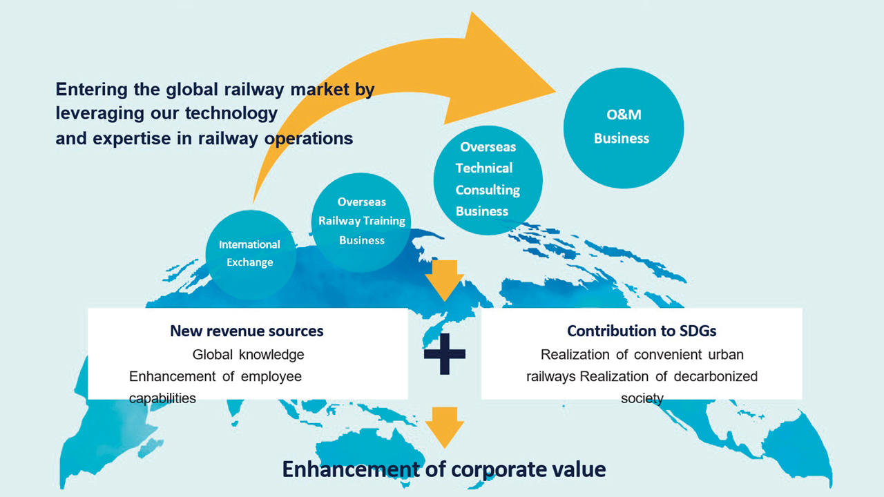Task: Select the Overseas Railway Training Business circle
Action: pos(361,221)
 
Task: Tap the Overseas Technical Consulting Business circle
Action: pos(488,179)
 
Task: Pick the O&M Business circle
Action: pos(623,128)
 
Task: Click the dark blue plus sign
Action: pos(444,353)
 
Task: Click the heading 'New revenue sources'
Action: pos(247,331)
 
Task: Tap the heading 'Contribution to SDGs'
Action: pos(641,331)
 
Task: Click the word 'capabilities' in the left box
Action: pos(162,398)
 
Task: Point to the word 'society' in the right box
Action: pos(642,398)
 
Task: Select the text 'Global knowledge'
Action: pos(248,355)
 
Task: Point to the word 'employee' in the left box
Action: pos(272,376)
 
